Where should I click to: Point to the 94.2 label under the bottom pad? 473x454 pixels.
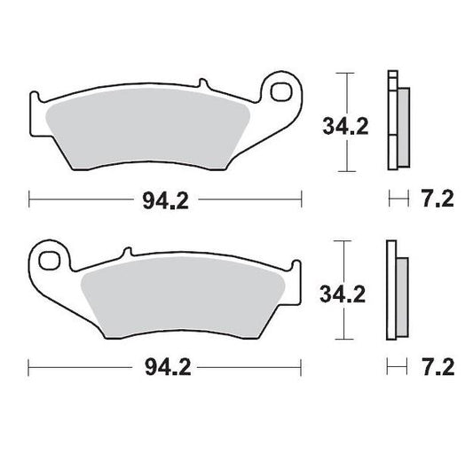[x=164, y=366]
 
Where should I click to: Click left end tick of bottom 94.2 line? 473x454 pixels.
[x=29, y=365]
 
